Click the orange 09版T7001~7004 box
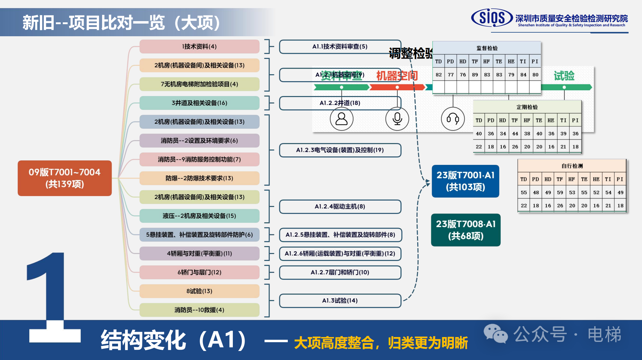(65, 178)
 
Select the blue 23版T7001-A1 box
(465, 181)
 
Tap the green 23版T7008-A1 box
(466, 230)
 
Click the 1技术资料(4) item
(199, 47)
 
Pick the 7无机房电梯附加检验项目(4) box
(199, 84)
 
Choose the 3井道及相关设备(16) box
(199, 103)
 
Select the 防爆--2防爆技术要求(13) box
(199, 178)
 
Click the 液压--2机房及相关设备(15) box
(199, 216)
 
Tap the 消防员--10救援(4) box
(199, 310)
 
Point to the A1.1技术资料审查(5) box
(340, 47)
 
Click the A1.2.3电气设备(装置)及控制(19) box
(340, 150)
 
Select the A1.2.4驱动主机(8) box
(340, 207)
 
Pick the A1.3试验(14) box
(340, 301)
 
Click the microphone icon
(397, 119)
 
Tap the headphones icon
(453, 119)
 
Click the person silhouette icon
(342, 119)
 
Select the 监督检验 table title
(487, 48)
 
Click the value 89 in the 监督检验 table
(475, 75)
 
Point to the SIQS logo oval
(492, 18)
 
